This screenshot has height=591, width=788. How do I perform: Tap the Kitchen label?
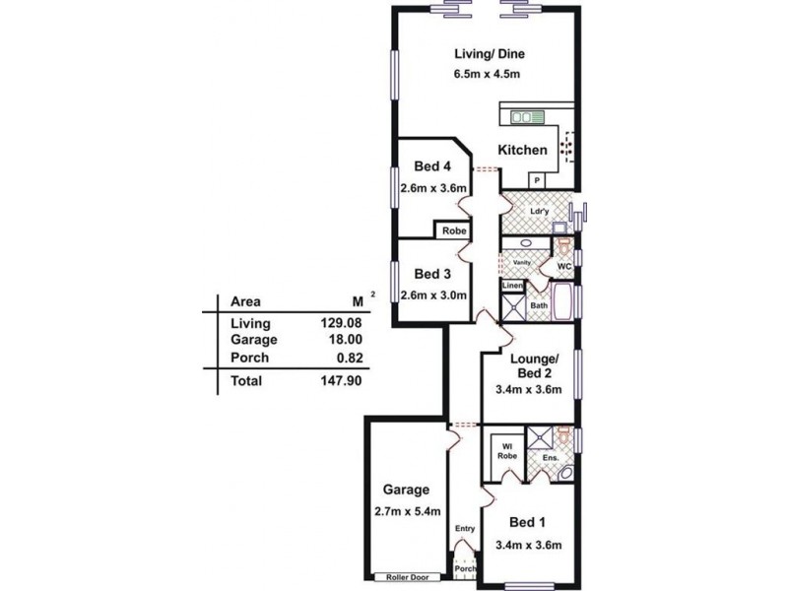(522, 151)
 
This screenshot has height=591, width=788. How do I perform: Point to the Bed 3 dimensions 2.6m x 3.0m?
(432, 295)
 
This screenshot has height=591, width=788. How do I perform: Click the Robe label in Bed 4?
(453, 231)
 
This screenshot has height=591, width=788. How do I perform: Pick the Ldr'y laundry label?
(539, 211)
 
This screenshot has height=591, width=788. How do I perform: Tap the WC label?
(564, 266)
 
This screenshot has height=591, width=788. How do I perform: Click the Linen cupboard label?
(512, 286)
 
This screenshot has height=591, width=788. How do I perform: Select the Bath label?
(539, 306)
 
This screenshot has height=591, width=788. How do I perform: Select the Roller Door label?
(405, 578)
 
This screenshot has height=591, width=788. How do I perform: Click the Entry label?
(465, 530)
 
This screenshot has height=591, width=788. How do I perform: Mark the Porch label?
(465, 568)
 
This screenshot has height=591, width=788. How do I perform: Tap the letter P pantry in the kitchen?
(537, 181)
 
